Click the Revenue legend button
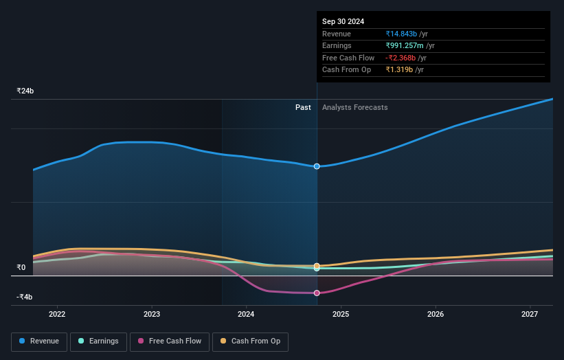point(40,341)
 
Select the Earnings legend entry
point(98,341)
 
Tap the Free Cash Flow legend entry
point(170,341)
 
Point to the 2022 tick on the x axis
point(57,314)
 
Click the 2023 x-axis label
point(152,314)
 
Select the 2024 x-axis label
point(246,314)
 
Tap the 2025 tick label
point(341,314)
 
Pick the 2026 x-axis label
point(435,314)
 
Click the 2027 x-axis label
point(530,314)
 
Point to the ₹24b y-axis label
point(25,91)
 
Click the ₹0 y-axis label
point(21,268)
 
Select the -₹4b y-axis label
point(25,297)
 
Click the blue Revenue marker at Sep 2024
point(317,166)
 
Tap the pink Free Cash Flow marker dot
point(317,293)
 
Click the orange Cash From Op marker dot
point(317,265)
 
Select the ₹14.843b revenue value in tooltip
point(406,34)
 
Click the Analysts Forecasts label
point(354,107)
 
